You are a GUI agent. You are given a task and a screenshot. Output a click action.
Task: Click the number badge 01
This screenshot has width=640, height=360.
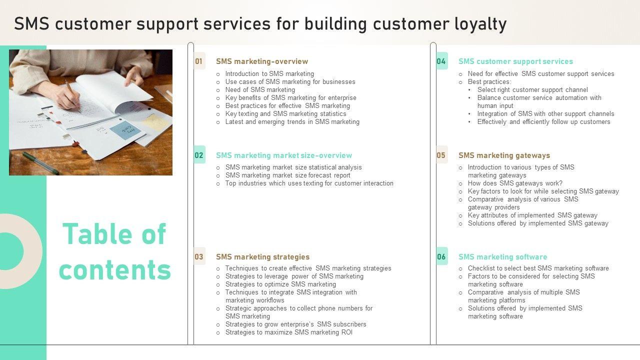coord(199,61)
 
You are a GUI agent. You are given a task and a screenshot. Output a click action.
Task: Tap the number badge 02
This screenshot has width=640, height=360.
coord(199,155)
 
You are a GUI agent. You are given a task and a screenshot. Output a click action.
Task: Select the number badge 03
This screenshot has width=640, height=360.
coord(199,257)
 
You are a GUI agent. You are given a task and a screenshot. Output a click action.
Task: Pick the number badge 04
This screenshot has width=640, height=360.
coord(441,61)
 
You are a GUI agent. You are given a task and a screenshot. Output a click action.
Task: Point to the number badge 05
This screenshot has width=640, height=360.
coord(441,155)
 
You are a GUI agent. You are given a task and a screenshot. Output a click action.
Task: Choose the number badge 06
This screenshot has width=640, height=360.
coord(441,257)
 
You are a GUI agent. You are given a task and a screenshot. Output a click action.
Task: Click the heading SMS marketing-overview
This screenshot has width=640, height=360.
coord(262,61)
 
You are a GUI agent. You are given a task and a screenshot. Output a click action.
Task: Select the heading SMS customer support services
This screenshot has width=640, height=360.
coord(515,61)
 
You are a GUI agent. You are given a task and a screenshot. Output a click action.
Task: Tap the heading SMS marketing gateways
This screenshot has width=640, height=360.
coord(504,155)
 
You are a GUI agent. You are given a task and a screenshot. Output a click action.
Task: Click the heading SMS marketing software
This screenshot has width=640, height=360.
coord(502,257)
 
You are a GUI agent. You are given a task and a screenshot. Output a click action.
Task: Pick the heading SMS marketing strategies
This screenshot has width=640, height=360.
coord(262,257)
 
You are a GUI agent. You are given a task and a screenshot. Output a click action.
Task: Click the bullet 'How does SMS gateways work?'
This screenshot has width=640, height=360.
coord(515,183)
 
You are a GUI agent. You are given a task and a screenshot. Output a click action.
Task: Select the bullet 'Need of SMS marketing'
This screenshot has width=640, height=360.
coord(260,90)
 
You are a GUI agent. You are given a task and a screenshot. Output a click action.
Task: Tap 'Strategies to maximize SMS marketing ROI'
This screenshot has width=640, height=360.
coord(288,332)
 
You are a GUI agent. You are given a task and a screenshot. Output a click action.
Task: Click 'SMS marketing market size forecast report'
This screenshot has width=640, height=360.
coord(288,175)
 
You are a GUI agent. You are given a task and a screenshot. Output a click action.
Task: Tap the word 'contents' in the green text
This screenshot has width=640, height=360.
coord(115,269)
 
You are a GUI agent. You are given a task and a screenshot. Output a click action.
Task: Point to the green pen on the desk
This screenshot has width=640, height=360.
coord(40,163)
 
